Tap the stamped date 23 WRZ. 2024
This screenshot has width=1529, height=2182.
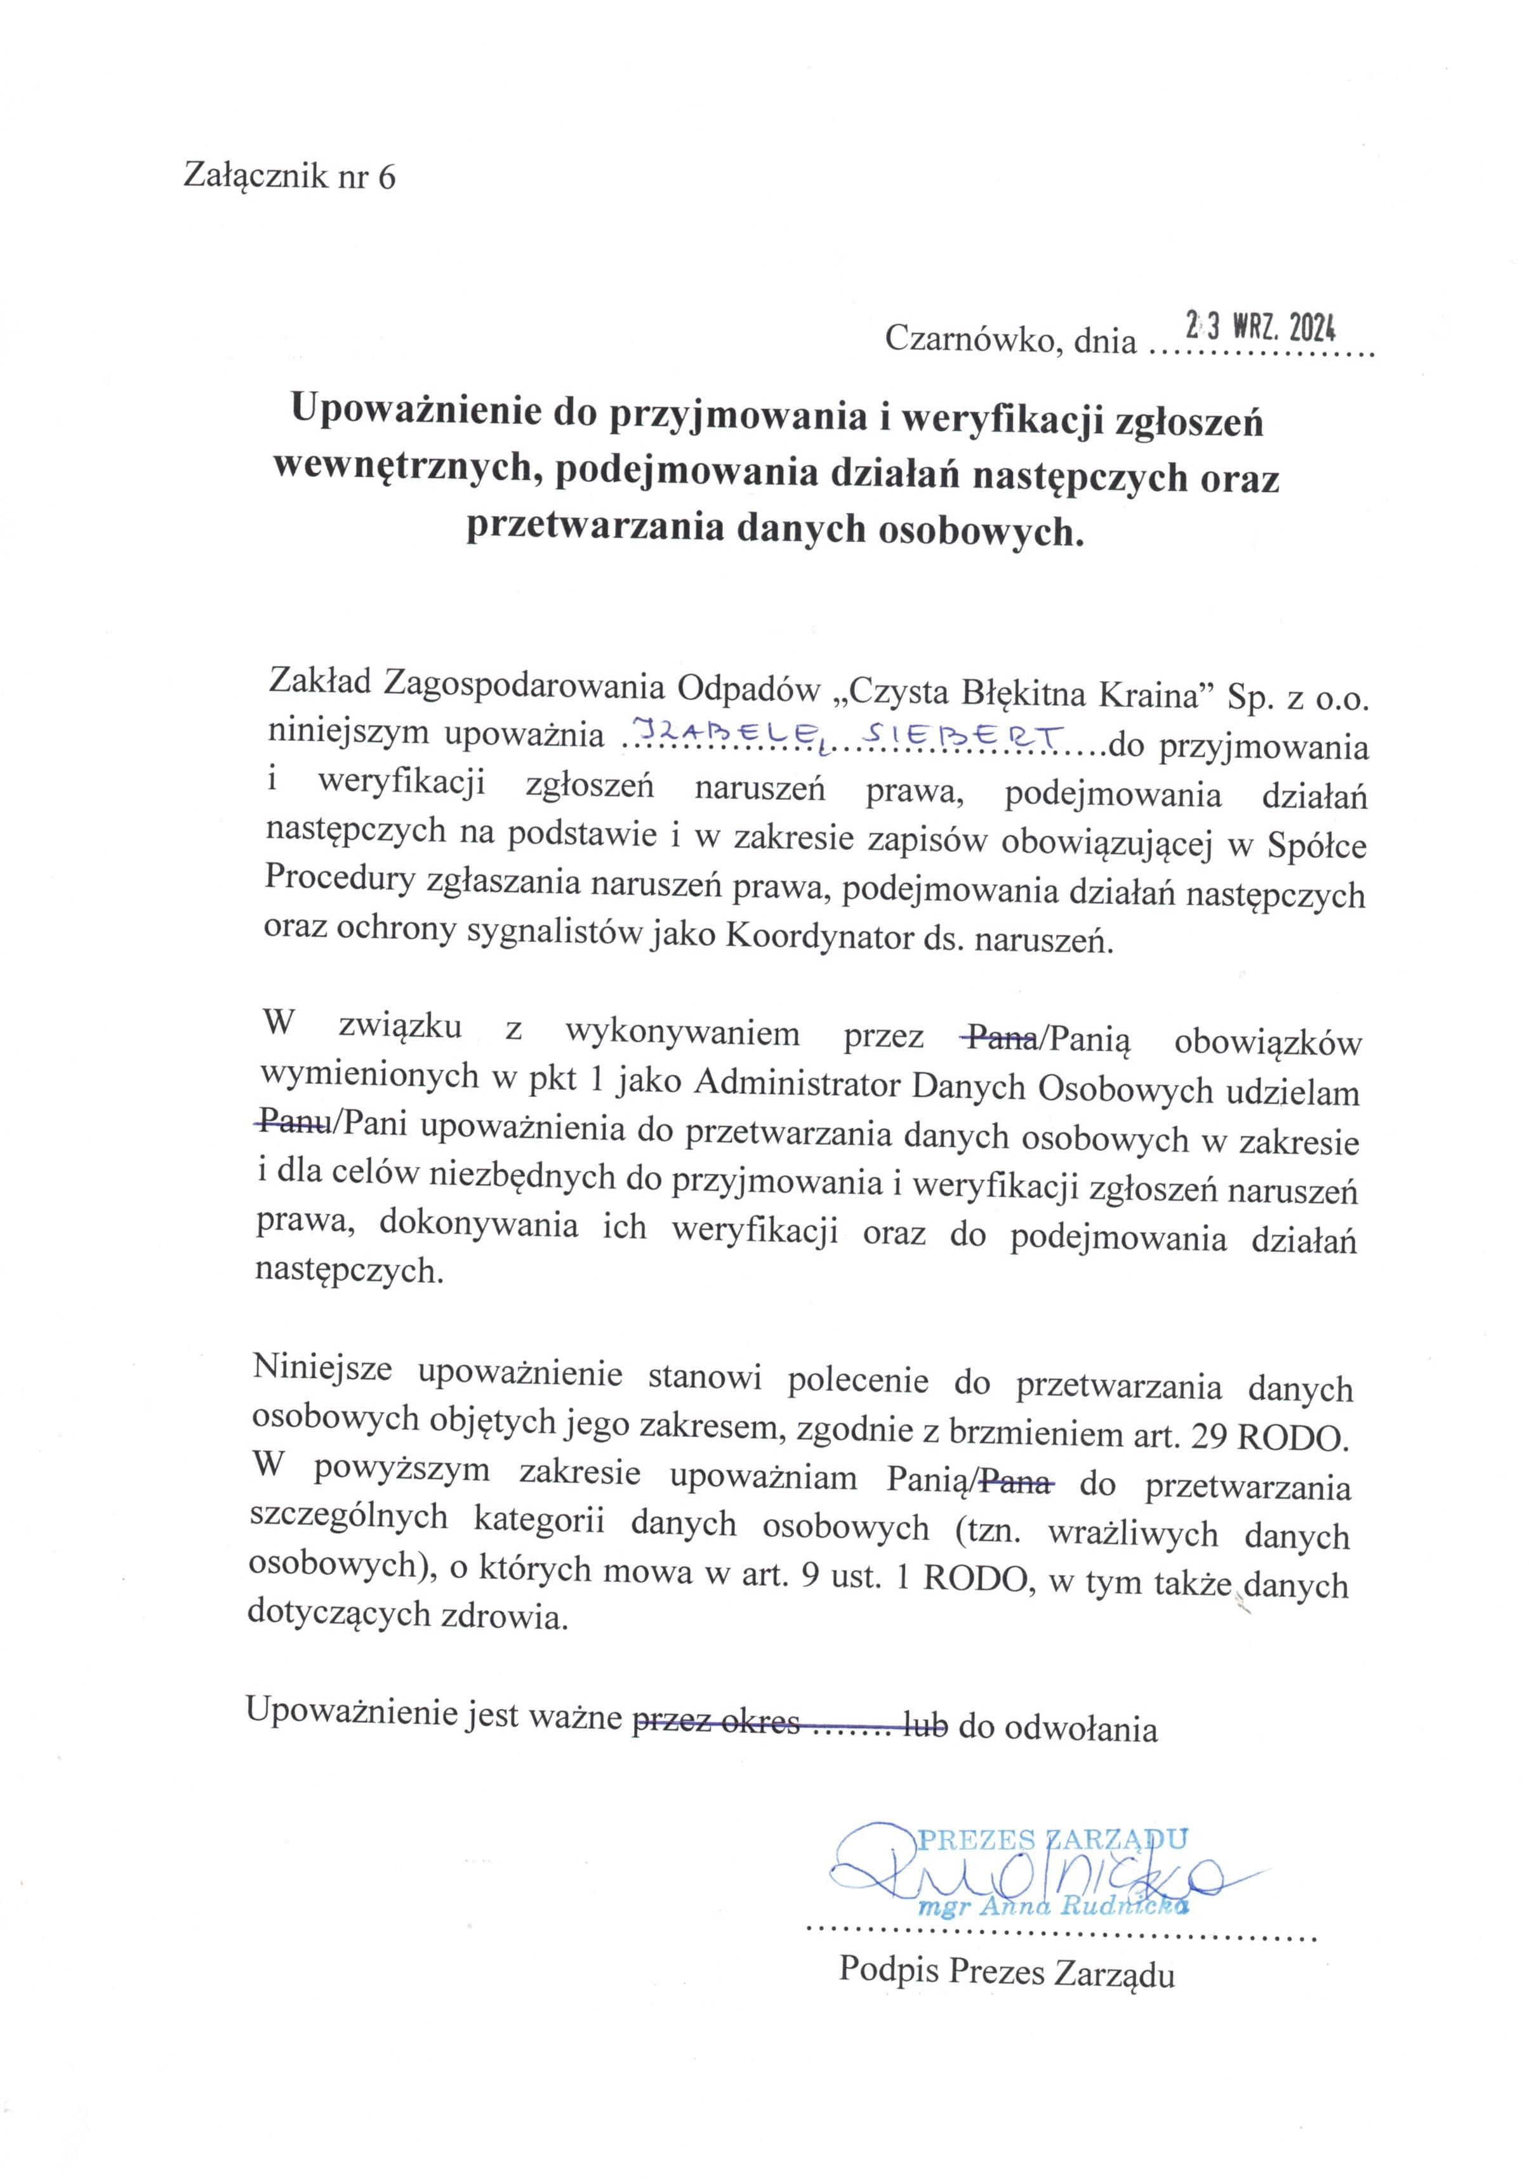(1260, 328)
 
